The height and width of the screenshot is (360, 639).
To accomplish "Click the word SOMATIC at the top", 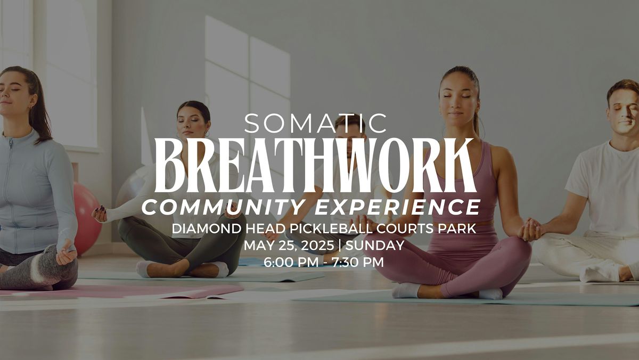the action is [x=315, y=123].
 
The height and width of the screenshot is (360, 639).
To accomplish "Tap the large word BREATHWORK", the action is [x=315, y=165].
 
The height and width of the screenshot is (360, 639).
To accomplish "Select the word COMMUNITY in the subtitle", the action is [x=222, y=207].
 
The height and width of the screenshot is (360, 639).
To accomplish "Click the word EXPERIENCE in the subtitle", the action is [x=398, y=207].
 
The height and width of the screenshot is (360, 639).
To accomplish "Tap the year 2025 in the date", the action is [x=317, y=246].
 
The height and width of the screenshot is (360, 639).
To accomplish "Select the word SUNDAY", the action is [x=374, y=246].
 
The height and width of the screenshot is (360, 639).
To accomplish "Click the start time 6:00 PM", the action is [x=291, y=262].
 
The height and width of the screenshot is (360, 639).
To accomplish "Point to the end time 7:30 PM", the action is [x=357, y=262].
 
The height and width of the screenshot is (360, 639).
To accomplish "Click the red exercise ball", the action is [x=86, y=219].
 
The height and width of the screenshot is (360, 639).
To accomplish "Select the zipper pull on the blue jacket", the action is [x=11, y=143].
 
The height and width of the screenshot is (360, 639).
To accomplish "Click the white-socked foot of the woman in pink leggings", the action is [x=406, y=290].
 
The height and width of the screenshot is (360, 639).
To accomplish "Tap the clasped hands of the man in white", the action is [x=530, y=230].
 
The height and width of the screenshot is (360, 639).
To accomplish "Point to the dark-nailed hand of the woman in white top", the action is [x=100, y=214].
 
